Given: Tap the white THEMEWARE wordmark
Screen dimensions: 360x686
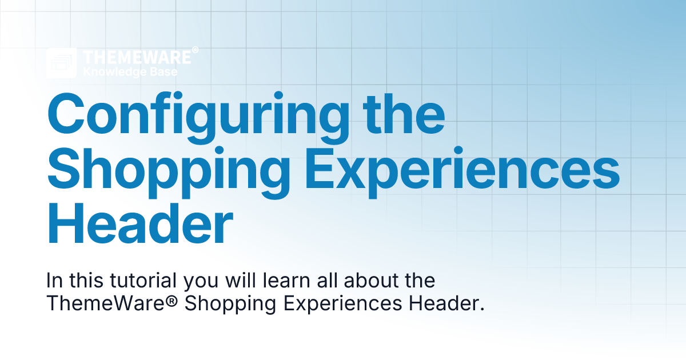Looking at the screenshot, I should pyautogui.click(x=137, y=57).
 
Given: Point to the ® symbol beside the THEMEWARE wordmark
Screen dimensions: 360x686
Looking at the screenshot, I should pyautogui.click(x=195, y=51).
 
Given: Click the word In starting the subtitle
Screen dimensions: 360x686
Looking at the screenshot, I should pyautogui.click(x=54, y=281).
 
